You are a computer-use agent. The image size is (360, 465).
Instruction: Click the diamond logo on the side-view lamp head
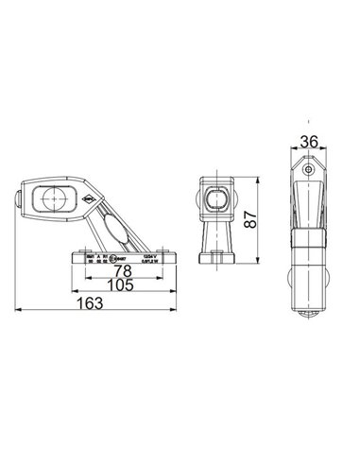tap(86, 197)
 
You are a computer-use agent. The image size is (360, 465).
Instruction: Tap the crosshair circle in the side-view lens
tap(49, 198)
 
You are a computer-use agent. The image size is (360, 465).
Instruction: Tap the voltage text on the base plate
tap(149, 255)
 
